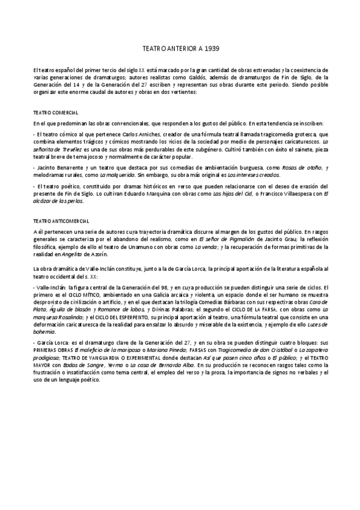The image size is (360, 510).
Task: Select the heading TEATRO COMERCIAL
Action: pos(55,112)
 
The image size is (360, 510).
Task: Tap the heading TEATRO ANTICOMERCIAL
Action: pos(61,221)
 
